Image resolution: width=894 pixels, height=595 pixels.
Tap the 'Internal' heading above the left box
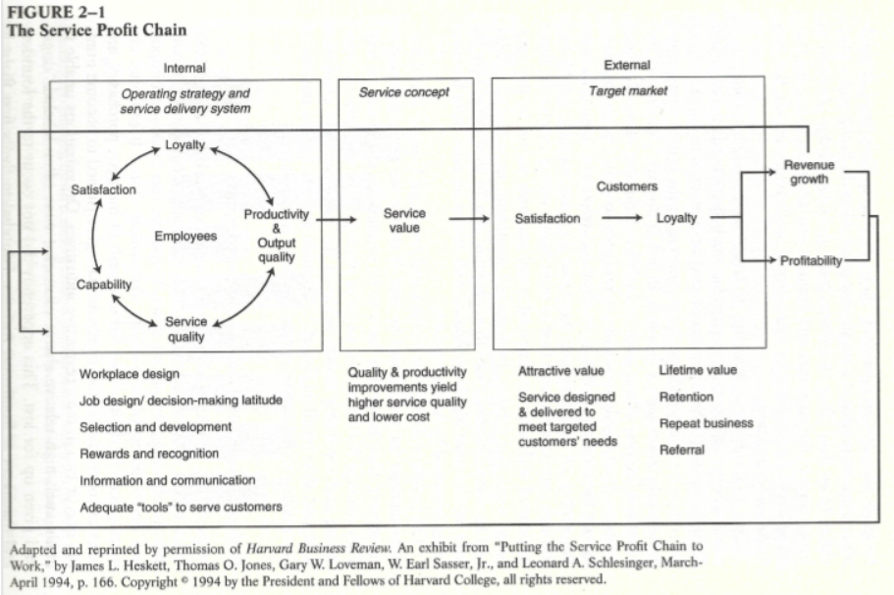point(184,68)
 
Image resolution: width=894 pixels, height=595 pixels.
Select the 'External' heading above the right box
point(626,66)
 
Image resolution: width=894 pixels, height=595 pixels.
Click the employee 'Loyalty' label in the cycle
point(184,145)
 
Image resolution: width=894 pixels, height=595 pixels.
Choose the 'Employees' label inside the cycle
point(185,237)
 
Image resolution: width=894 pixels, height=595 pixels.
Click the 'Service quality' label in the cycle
point(184,329)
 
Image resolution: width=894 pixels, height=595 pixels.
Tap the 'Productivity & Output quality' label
point(276,236)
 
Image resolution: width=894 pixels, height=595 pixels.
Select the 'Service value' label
point(403,220)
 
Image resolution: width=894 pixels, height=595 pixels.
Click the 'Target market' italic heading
point(628,90)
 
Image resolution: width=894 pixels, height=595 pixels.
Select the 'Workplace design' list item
point(130,374)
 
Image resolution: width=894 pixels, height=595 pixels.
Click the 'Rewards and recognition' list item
point(149,454)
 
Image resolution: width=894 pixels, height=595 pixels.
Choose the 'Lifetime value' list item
point(697,370)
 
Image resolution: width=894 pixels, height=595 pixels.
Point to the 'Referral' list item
point(682,450)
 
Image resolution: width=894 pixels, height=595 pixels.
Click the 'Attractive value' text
point(561,371)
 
